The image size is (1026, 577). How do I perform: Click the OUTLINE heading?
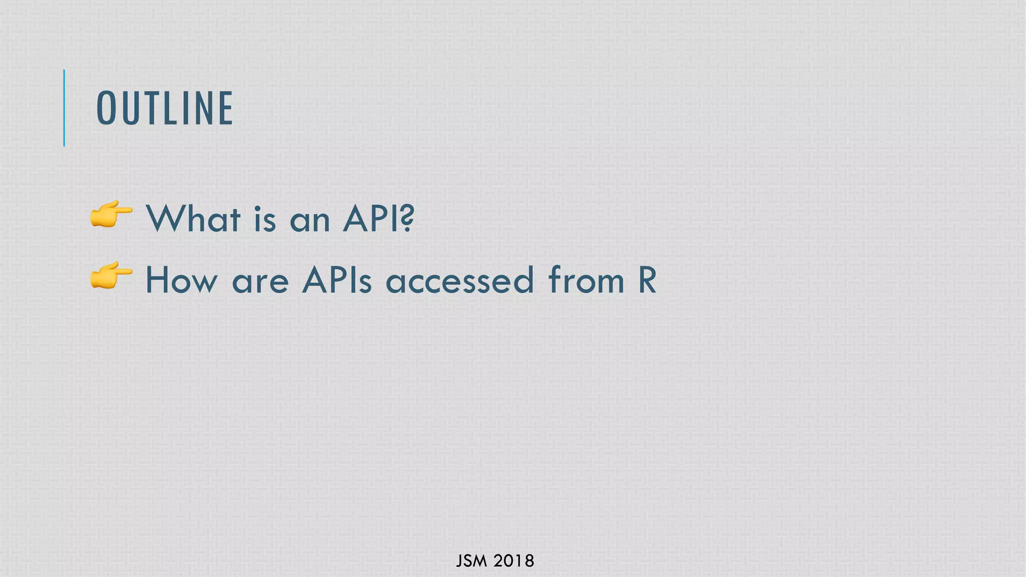click(x=164, y=108)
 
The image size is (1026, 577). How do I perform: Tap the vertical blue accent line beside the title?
click(x=64, y=108)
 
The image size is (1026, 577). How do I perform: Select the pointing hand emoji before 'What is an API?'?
click(x=111, y=215)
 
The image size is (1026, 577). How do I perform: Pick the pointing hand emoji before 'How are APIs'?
click(x=111, y=276)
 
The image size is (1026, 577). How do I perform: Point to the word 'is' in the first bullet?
click(x=265, y=219)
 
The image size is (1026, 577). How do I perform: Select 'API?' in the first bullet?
click(x=379, y=219)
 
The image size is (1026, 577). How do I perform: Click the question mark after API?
click(x=408, y=219)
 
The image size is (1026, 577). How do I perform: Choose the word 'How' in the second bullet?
click(x=181, y=280)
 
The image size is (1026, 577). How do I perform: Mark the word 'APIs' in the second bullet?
click(x=337, y=280)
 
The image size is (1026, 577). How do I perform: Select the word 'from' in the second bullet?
click(x=586, y=280)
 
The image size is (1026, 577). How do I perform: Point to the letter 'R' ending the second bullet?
click(x=647, y=280)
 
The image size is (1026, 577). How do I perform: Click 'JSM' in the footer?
click(x=471, y=561)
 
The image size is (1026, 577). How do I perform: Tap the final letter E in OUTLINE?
click(x=226, y=108)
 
